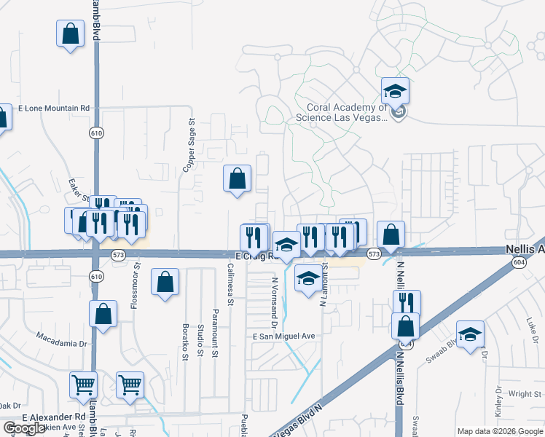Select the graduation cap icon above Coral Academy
[395, 91]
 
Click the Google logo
[23, 428]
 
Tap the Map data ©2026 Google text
[499, 431]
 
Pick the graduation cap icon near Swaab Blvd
[470, 334]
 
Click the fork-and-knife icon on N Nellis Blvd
[407, 302]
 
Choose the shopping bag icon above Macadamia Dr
[103, 315]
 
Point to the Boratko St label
[185, 341]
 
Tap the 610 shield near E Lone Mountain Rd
[96, 133]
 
